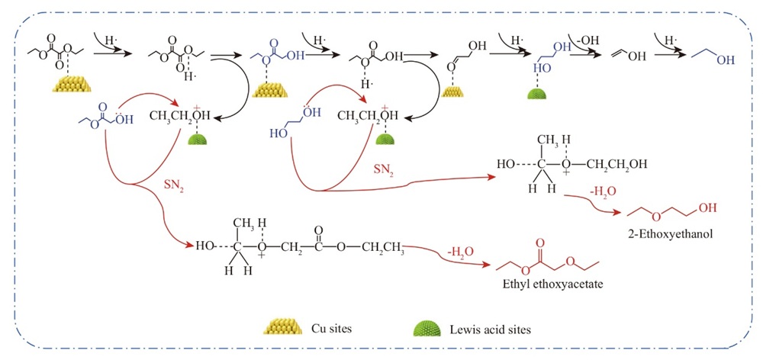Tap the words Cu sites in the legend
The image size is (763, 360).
[x=331, y=329]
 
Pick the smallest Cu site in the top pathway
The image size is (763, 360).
[x=456, y=93]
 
